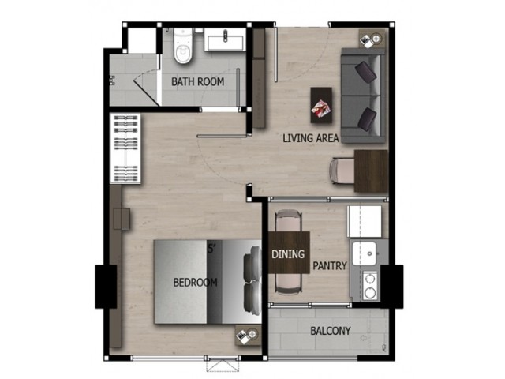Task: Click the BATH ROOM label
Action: pos(198,82)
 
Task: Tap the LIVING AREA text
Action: pos(311,138)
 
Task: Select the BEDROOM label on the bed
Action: pos(195,283)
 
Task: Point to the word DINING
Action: pos(288,254)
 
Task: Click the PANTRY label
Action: pos(330,266)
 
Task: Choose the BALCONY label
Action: pos(330,331)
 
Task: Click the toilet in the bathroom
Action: pos(183,47)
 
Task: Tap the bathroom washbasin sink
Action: pos(225,39)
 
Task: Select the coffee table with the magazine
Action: pos(321,105)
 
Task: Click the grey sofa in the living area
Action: pos(364,96)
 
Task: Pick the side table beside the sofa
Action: pos(372,39)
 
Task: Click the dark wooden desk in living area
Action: pos(371,171)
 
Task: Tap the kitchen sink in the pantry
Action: pos(365,253)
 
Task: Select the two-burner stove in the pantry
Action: pos(370,286)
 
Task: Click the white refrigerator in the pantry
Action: pos(365,221)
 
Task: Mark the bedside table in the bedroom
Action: pos(248,335)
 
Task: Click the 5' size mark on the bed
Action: pos(211,249)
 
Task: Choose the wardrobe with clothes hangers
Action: pos(125,148)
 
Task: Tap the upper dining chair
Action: pos(289,221)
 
